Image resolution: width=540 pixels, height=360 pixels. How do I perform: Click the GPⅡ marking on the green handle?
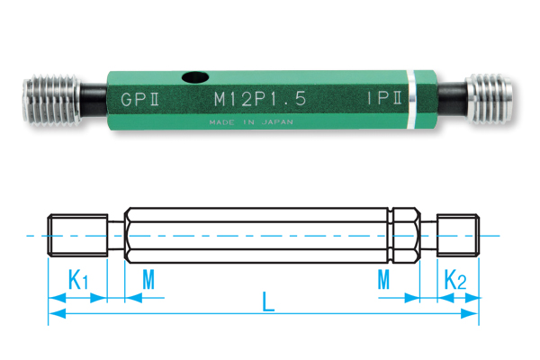[x=140, y=99]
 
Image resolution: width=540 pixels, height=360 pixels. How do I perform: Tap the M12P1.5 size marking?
[x=260, y=99]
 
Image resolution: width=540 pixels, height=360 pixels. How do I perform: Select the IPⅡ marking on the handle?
[x=384, y=98]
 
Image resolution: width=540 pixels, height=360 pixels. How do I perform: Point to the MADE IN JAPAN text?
[x=251, y=122]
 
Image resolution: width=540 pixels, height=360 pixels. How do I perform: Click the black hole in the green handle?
[x=195, y=77]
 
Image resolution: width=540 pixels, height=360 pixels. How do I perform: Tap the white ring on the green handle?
[x=411, y=100]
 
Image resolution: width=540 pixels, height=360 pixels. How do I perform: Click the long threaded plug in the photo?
[x=51, y=100]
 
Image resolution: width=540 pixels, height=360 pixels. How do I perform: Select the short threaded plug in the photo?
[x=489, y=99]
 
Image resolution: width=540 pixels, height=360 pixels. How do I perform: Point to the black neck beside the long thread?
[x=94, y=100]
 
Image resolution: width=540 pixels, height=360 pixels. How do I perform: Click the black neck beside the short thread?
[x=452, y=99]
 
